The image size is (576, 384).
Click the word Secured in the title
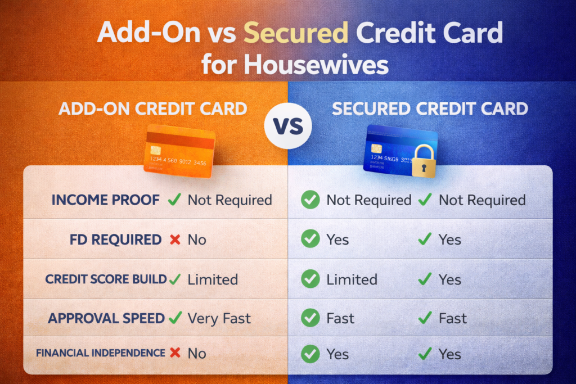coord(296,33)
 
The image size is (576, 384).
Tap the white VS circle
coord(288,126)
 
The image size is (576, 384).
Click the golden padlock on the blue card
coord(424,161)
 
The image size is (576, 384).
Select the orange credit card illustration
coord(179,151)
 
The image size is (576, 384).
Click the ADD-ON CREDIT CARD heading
coord(153,109)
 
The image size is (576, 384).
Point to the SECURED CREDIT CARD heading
coord(430,109)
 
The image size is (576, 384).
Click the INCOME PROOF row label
coord(105,200)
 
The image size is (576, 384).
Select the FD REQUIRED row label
coord(116,240)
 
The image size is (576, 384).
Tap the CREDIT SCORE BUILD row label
coord(106,279)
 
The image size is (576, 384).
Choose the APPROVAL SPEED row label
coord(106,318)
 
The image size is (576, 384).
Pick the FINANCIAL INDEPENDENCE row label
coord(101,353)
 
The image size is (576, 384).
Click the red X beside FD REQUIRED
coord(175,240)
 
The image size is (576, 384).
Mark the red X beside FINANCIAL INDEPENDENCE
coord(175,353)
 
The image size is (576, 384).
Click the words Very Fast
coord(219,319)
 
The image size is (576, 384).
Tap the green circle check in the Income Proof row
coord(310,200)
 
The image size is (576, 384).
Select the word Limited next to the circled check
coord(352,280)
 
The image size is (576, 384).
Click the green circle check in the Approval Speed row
coord(310,318)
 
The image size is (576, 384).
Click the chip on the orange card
coord(155,150)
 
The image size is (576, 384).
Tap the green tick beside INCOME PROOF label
coord(174,200)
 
